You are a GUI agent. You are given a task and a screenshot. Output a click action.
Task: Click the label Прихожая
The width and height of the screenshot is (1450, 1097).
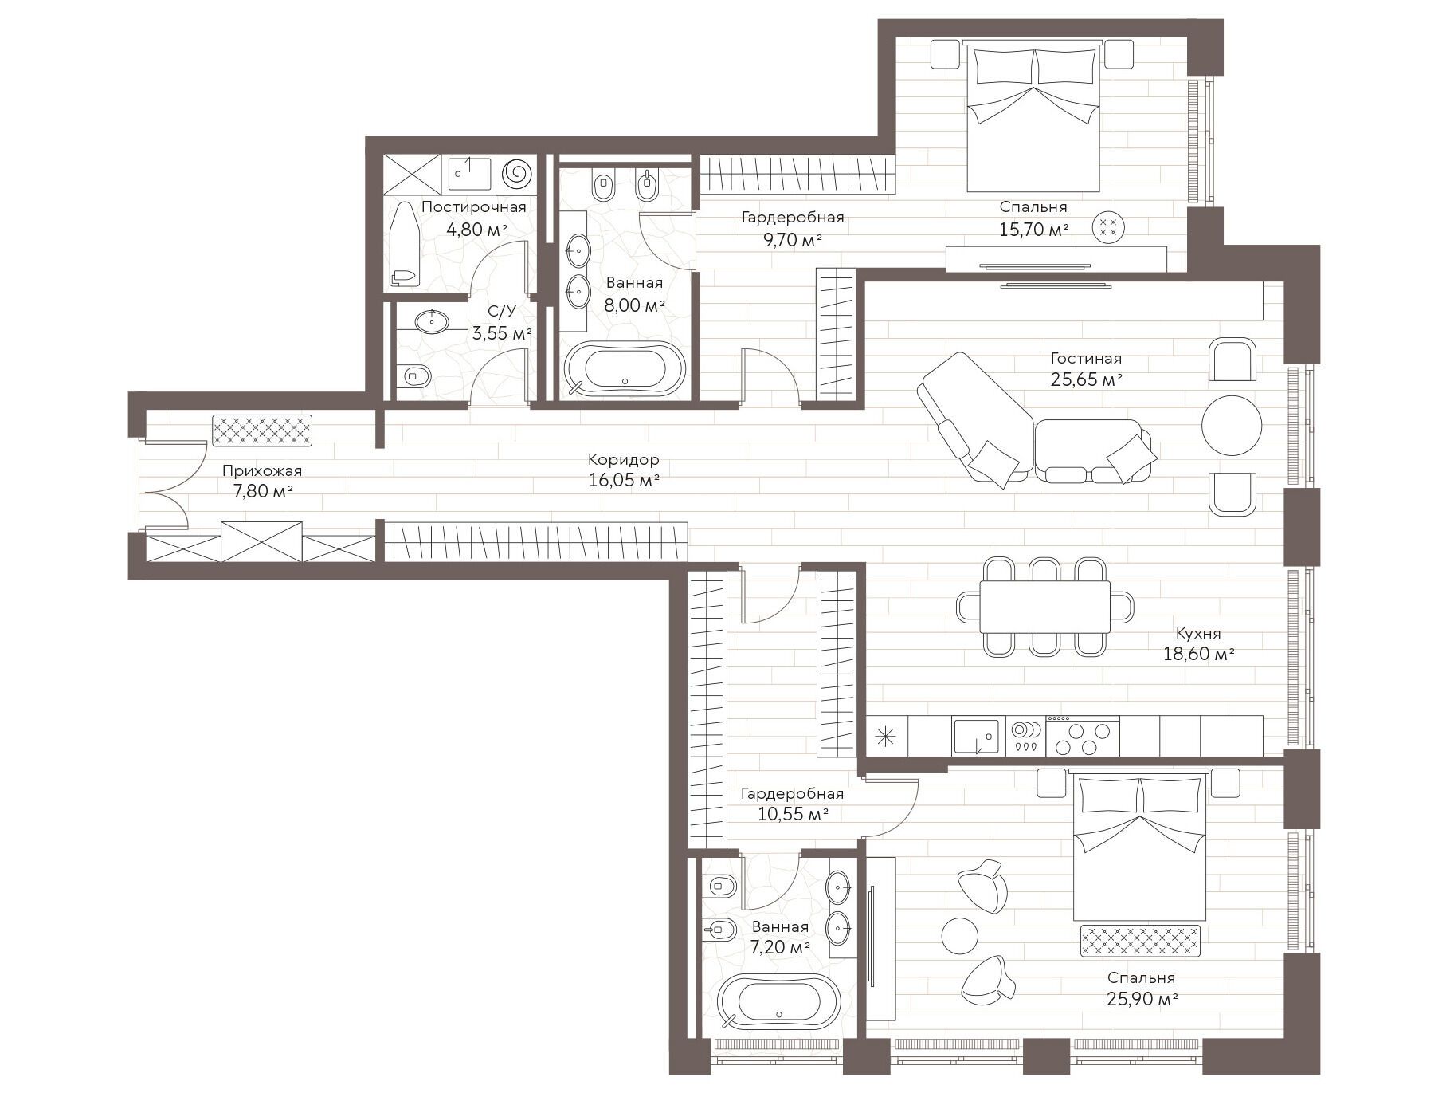click(262, 470)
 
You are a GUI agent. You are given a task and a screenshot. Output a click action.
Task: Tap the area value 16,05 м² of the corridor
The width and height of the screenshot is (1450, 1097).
click(624, 481)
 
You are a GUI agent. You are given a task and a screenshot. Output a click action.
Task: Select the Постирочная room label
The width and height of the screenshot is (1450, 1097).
click(474, 207)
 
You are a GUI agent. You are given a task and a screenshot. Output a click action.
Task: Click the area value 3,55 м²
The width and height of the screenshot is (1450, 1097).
click(502, 333)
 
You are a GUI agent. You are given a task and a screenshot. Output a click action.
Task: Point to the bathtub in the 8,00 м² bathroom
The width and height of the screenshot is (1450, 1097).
click(625, 369)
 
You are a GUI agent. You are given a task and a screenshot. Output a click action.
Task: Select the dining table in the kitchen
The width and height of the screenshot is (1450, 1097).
click(1044, 607)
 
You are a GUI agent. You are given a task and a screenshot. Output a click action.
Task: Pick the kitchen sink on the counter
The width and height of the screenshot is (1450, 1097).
click(976, 737)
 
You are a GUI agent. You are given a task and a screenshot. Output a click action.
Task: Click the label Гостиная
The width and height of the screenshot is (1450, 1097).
click(1086, 359)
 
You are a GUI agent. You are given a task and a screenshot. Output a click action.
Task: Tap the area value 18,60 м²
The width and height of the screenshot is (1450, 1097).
click(1198, 655)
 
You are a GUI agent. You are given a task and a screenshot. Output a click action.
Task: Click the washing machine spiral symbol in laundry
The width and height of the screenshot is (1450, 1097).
click(516, 173)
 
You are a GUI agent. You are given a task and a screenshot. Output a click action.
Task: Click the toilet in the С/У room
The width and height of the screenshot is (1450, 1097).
click(415, 374)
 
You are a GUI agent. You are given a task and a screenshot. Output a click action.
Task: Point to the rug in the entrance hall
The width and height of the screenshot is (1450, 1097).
click(262, 431)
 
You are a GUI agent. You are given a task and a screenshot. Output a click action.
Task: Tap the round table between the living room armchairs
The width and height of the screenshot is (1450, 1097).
click(1232, 425)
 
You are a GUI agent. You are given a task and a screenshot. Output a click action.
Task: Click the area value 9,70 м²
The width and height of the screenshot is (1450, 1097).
click(793, 240)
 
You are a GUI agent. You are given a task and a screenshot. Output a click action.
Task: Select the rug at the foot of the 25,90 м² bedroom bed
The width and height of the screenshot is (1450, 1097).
click(1140, 941)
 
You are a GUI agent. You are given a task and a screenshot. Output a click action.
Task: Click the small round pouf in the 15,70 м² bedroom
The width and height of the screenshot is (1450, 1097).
click(1108, 225)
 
